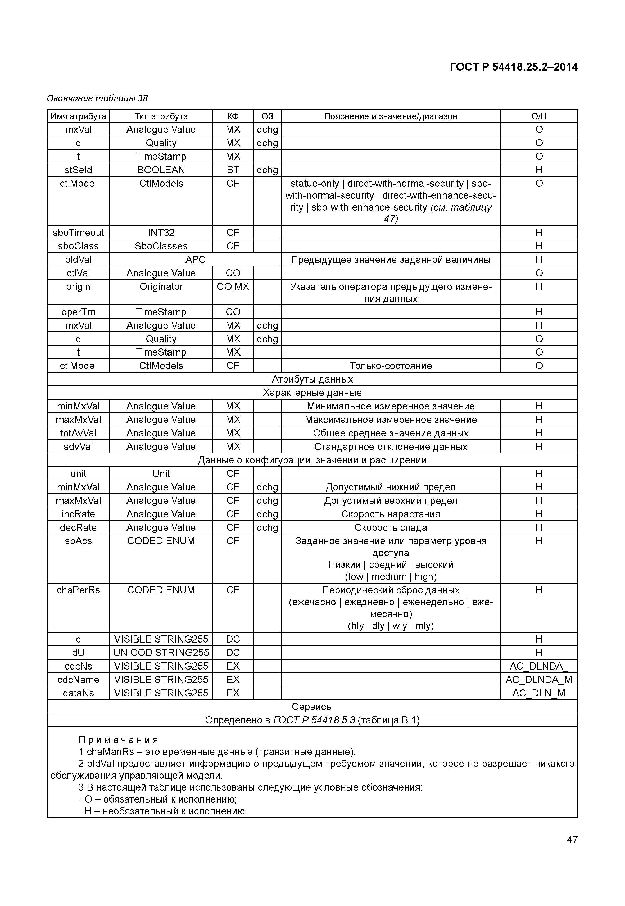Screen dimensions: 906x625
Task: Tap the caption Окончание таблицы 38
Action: (97, 98)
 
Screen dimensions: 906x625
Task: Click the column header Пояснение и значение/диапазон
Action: (391, 116)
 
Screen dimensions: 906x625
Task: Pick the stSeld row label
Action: (78, 170)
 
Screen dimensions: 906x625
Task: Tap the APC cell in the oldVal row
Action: (195, 259)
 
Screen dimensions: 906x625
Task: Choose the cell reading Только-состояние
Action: (391, 366)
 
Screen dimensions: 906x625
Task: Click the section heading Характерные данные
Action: (312, 393)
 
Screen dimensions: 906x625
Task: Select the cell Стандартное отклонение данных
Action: (391, 447)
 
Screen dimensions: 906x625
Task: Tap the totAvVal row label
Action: (78, 433)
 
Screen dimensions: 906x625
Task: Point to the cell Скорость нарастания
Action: (391, 514)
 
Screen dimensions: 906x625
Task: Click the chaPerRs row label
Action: (78, 590)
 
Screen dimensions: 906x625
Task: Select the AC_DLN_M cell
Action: (538, 693)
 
